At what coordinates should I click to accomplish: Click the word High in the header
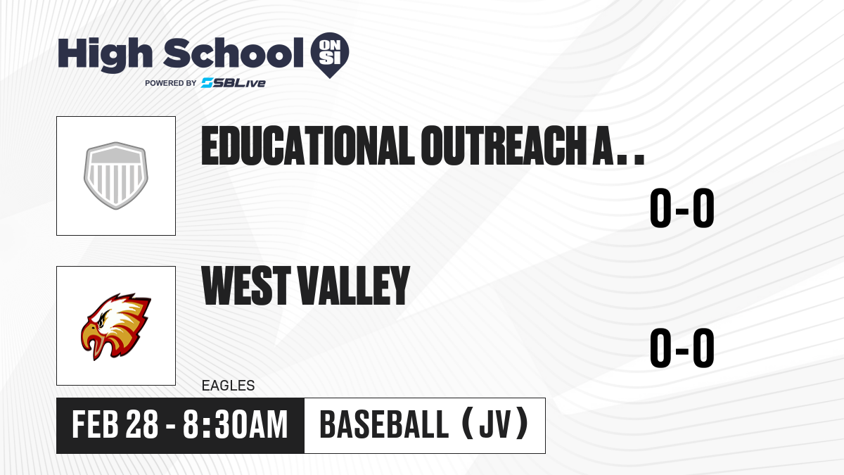pyautogui.click(x=105, y=55)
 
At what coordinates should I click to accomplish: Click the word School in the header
pyautogui.click(x=234, y=53)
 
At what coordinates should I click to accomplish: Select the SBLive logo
pyautogui.click(x=234, y=83)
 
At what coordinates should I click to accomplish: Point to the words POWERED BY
pyautogui.click(x=171, y=83)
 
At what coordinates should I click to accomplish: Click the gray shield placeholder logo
pyautogui.click(x=116, y=176)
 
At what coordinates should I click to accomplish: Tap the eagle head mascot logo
pyautogui.click(x=116, y=327)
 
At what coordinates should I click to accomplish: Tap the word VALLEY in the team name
pyautogui.click(x=354, y=285)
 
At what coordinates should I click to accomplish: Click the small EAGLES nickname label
pyautogui.click(x=229, y=386)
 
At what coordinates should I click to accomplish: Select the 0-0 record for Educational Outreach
pyautogui.click(x=682, y=208)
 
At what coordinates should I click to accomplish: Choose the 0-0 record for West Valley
pyautogui.click(x=682, y=348)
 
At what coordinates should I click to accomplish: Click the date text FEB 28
pyautogui.click(x=115, y=424)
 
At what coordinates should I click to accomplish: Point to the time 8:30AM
pyautogui.click(x=236, y=424)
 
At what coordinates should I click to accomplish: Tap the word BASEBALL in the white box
pyautogui.click(x=384, y=424)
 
